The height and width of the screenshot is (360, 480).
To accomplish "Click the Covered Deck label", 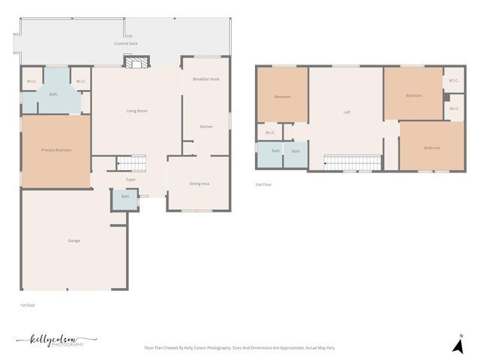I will (x=126, y=44).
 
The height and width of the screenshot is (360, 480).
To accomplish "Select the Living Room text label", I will (x=136, y=111).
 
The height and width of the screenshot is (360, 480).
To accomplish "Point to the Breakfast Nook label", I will (x=205, y=79).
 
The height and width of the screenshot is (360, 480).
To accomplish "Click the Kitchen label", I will (x=205, y=127).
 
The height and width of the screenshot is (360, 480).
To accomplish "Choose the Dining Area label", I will (x=199, y=184).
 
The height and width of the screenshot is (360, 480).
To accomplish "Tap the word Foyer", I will (x=130, y=180).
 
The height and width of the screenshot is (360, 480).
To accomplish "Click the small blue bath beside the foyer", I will (x=124, y=197).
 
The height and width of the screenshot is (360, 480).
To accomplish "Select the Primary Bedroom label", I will (x=56, y=150).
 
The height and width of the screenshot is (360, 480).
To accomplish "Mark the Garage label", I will (x=74, y=241).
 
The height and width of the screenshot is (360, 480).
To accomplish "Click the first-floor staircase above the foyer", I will (x=131, y=163).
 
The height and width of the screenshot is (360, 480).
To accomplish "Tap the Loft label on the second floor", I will (x=346, y=112).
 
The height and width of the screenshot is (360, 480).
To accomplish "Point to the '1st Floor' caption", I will (x=28, y=305).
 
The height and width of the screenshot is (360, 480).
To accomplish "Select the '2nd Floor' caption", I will (x=263, y=184).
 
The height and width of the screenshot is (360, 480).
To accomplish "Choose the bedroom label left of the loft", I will (x=282, y=97).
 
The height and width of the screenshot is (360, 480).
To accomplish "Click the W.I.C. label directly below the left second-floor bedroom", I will (x=270, y=133).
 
